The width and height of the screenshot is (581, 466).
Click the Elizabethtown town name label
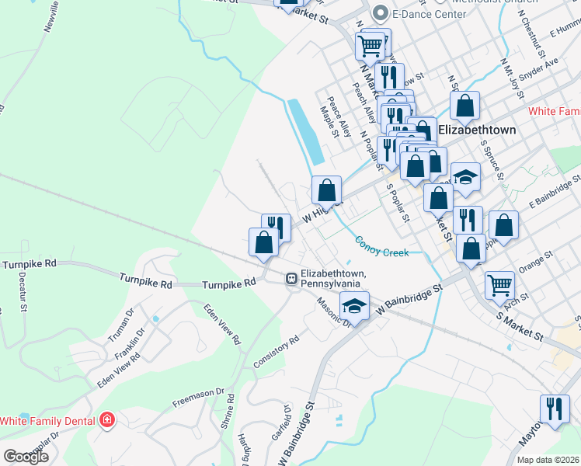coord(477,130)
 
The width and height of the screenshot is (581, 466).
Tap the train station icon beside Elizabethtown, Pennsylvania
coord(291,277)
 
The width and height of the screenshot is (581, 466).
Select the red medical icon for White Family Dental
coord(106,421)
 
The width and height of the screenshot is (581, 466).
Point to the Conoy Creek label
coord(381,246)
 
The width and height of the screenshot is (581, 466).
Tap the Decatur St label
coord(23,291)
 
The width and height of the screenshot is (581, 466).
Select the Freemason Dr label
coord(198,401)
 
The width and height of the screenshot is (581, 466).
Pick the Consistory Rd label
coord(277,352)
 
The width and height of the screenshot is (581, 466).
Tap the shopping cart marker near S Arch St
coord(499,283)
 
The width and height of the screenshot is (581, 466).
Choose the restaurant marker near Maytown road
coord(553,408)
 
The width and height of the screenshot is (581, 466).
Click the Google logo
coord(26,457)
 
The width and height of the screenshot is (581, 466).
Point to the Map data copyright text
coord(548,460)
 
